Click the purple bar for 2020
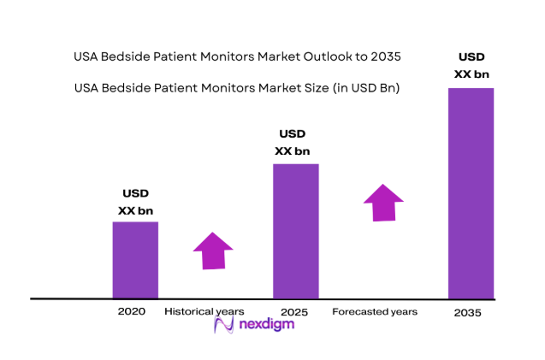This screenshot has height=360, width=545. [x=135, y=260]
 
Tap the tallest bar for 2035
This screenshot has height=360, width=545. [x=471, y=193]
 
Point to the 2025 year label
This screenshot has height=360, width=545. [x=293, y=311]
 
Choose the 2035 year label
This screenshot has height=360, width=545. [x=468, y=313]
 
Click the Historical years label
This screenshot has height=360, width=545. [x=204, y=311]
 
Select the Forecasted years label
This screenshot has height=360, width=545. [x=375, y=311]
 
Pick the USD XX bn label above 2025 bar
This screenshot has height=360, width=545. [x=293, y=142]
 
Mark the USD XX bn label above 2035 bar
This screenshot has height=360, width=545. [x=471, y=66]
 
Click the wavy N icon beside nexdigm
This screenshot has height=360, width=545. [x=225, y=326]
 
